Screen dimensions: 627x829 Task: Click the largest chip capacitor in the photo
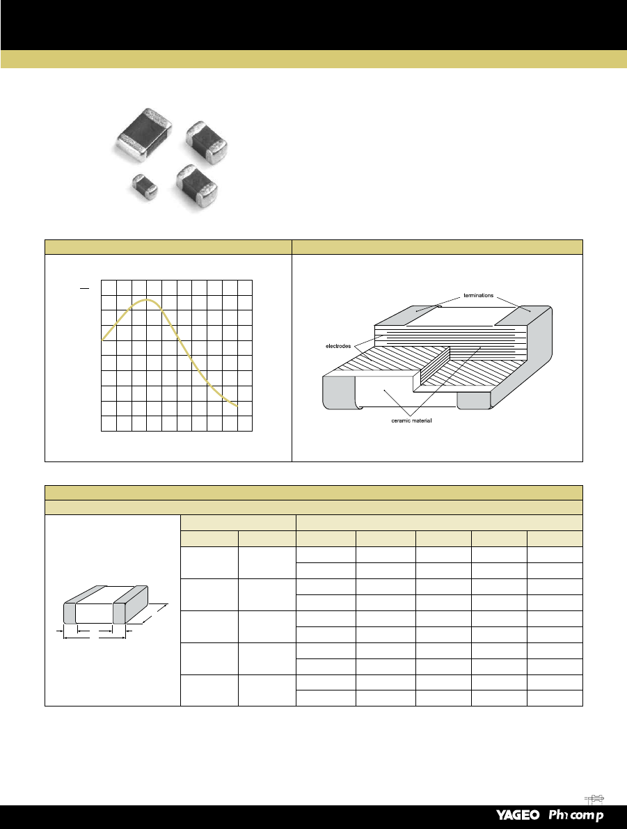coord(144,134)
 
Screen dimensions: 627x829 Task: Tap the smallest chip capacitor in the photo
coord(144,186)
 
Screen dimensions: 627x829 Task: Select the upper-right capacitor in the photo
coord(206,142)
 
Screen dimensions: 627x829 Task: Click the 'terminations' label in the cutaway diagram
coord(479,296)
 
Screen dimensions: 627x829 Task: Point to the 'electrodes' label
coord(338,347)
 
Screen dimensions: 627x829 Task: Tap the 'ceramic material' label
coord(411,421)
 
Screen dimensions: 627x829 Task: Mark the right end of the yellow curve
coord(237,406)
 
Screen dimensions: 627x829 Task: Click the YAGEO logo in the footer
coord(518,815)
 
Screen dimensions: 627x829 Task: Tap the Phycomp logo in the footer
coord(576,816)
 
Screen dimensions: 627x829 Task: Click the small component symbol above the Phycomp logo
coord(594,799)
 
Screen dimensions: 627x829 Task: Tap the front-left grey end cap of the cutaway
coord(338,393)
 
